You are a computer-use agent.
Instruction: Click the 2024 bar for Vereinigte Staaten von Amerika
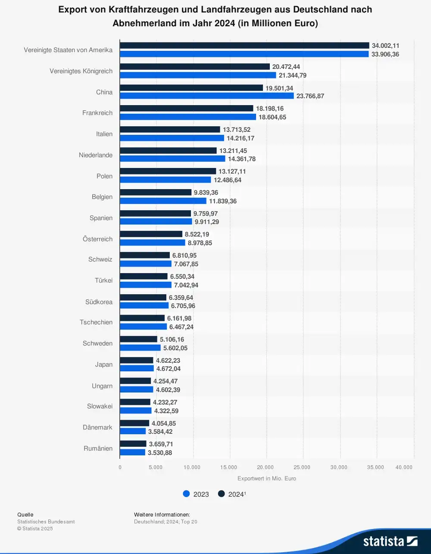(x=244, y=46)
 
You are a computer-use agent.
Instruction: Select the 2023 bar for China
(x=206, y=96)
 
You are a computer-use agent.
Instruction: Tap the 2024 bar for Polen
(x=168, y=171)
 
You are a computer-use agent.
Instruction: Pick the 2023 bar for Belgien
(x=163, y=201)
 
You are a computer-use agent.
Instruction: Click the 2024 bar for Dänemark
(x=134, y=423)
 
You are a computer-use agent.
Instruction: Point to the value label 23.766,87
(x=310, y=96)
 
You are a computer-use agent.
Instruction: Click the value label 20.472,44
(x=286, y=67)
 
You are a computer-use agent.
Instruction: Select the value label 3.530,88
(x=160, y=453)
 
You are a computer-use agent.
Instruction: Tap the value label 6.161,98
(x=179, y=318)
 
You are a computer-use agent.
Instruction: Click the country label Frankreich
(x=97, y=113)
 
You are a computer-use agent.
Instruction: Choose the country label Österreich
(x=97, y=239)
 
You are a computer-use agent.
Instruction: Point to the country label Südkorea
(x=99, y=302)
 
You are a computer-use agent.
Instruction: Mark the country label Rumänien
(x=98, y=448)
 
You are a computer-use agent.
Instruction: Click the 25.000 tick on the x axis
(x=302, y=467)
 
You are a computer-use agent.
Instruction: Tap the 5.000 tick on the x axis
(x=156, y=467)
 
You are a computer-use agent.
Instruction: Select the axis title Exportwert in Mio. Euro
(x=267, y=479)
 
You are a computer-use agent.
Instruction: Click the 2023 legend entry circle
(x=187, y=494)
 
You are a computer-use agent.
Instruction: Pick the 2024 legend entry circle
(x=222, y=494)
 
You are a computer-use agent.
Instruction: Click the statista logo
(x=390, y=541)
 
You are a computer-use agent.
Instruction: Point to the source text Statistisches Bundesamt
(x=46, y=522)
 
